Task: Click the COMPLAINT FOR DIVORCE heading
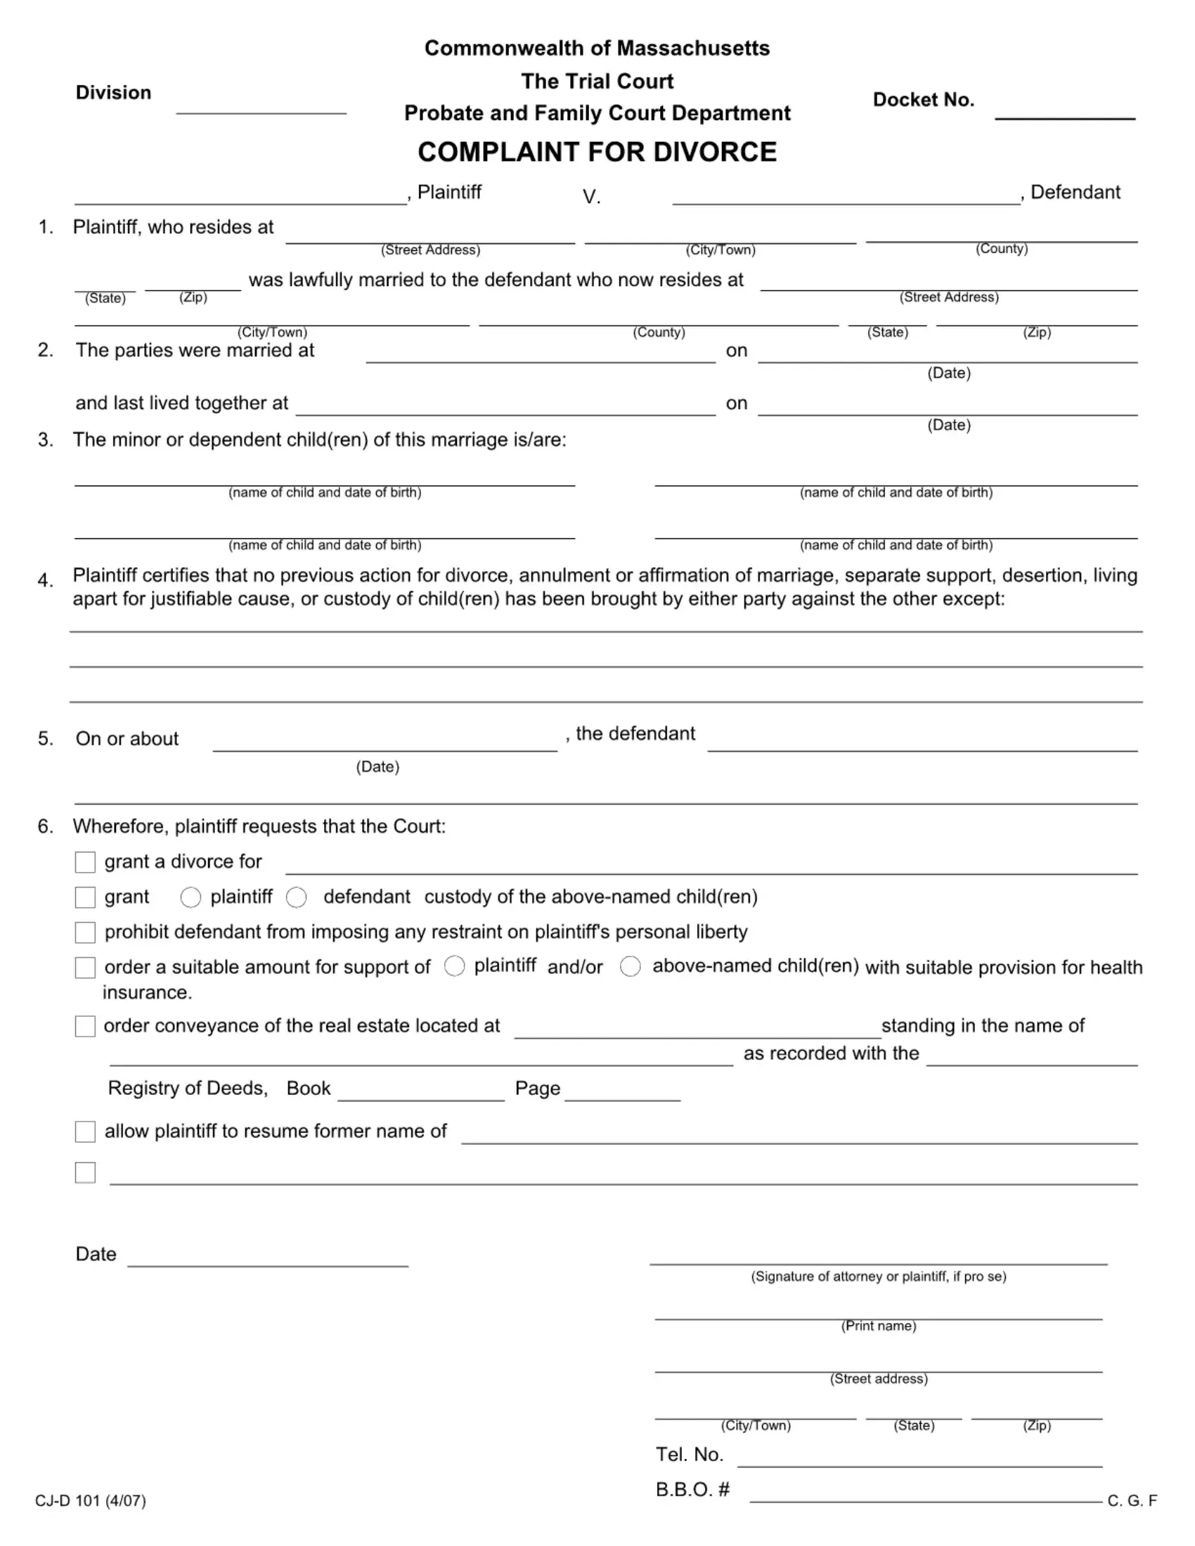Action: pos(597,152)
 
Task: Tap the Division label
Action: pos(113,93)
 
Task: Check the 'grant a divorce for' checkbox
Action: pos(86,862)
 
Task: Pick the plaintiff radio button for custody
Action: pos(190,897)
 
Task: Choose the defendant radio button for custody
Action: pos(297,897)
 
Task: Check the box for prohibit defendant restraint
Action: pos(86,933)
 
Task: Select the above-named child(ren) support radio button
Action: pos(630,966)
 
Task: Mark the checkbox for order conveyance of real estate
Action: pos(86,1027)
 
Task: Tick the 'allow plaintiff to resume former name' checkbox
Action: pos(86,1131)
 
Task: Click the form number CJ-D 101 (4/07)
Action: pos(91,1501)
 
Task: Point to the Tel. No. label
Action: pos(689,1455)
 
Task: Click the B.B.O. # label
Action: pos(692,1489)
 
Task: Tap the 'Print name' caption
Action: pos(879,1326)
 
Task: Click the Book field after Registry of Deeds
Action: pos(420,1091)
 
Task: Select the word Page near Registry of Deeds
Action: pos(537,1088)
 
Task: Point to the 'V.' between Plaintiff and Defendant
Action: pos(591,197)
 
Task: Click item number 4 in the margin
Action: pos(46,580)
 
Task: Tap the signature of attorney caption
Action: pos(879,1276)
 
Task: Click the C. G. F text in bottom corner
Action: pos(1132,1501)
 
